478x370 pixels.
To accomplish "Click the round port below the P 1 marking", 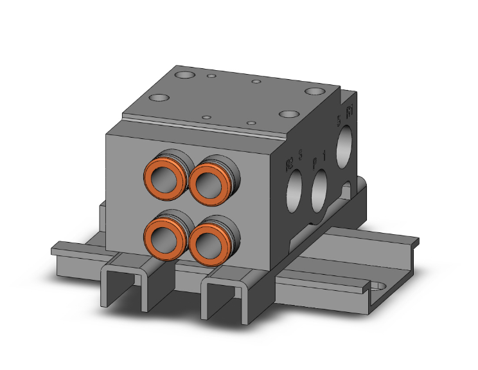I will coord(319,192).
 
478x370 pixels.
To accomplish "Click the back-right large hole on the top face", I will coord(315,91).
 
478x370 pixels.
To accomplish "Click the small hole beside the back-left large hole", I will coord(211,78).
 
